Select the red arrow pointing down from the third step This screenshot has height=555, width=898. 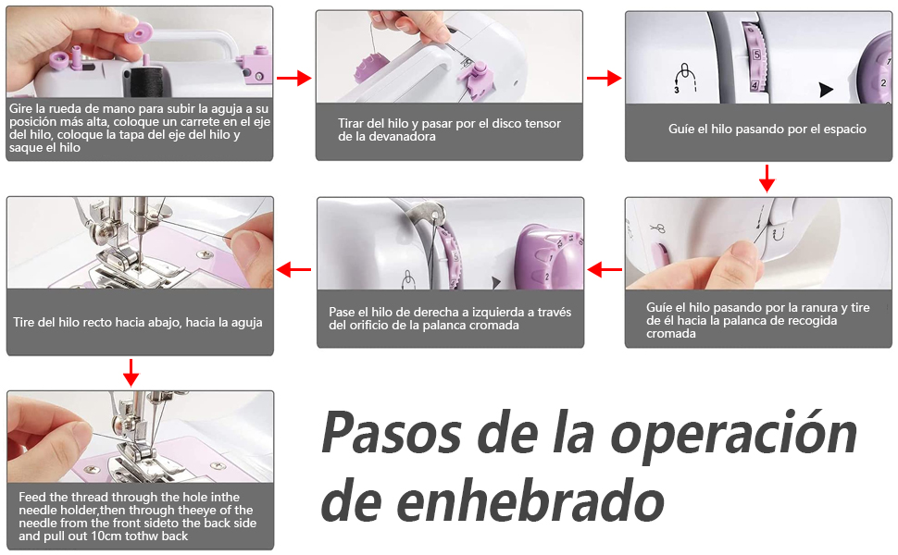point(767,179)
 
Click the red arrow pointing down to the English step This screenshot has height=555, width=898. point(131,373)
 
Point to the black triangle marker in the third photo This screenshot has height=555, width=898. point(825,90)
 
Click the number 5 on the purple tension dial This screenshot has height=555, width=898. point(756,55)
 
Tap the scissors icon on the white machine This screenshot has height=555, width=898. point(657,228)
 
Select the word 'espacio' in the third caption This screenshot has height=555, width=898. point(844,129)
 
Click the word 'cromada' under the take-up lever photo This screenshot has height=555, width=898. point(670,334)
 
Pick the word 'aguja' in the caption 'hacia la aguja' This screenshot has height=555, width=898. point(246,323)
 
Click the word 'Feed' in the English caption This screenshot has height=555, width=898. point(31,497)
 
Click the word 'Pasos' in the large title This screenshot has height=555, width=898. point(392,433)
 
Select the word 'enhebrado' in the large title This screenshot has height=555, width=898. point(530,501)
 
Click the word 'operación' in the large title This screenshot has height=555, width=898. point(734,436)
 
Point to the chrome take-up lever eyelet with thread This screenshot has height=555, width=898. point(434,215)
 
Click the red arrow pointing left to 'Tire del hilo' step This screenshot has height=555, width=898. point(293,269)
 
